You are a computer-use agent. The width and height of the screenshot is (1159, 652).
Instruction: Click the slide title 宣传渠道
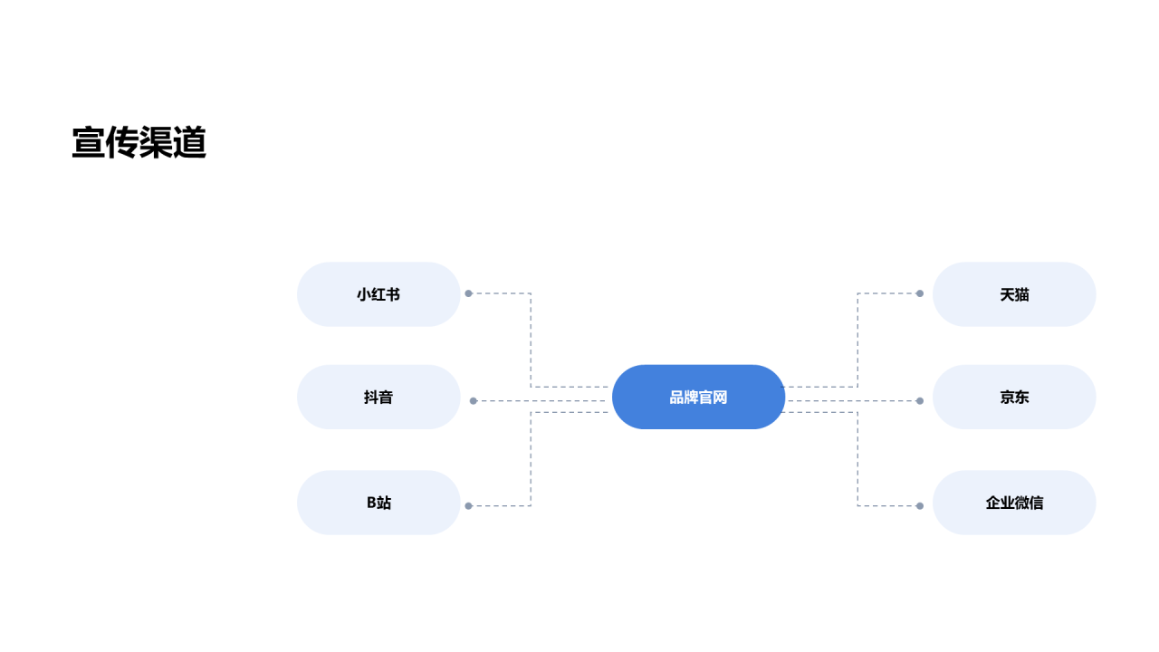click(x=139, y=142)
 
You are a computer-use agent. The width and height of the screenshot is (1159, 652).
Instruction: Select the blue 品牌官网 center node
click(x=698, y=397)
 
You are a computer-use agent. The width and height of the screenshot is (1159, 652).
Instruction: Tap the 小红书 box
click(x=378, y=294)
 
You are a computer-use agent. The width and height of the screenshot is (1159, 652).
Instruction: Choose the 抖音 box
click(x=378, y=397)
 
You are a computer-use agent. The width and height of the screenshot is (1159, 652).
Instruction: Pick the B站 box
click(x=378, y=503)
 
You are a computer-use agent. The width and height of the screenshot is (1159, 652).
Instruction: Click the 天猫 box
click(x=1014, y=294)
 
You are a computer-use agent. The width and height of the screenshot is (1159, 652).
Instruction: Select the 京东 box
click(x=1014, y=397)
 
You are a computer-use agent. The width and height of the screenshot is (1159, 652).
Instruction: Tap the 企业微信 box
click(x=1014, y=503)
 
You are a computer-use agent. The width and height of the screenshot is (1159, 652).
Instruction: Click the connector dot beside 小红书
click(x=469, y=293)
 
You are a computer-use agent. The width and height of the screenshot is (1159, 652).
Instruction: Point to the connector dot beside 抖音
click(x=473, y=400)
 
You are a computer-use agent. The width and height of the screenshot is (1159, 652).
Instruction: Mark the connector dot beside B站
click(x=469, y=505)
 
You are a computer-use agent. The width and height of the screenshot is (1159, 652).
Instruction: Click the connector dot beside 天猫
click(x=919, y=293)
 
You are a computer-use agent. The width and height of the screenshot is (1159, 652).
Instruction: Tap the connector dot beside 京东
click(x=919, y=400)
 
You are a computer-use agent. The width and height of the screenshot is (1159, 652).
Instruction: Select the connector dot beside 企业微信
click(x=919, y=505)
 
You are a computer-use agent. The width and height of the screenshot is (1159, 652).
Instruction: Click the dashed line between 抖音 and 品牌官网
click(x=541, y=400)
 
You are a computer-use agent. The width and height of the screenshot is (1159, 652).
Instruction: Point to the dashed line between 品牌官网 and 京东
click(x=852, y=400)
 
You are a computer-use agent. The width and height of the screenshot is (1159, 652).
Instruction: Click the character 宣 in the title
click(x=89, y=142)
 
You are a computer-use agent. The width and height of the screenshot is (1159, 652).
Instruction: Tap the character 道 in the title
click(x=190, y=142)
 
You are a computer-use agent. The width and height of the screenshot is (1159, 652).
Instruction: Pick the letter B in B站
click(x=371, y=503)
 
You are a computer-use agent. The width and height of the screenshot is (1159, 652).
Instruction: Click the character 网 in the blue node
click(x=720, y=398)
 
